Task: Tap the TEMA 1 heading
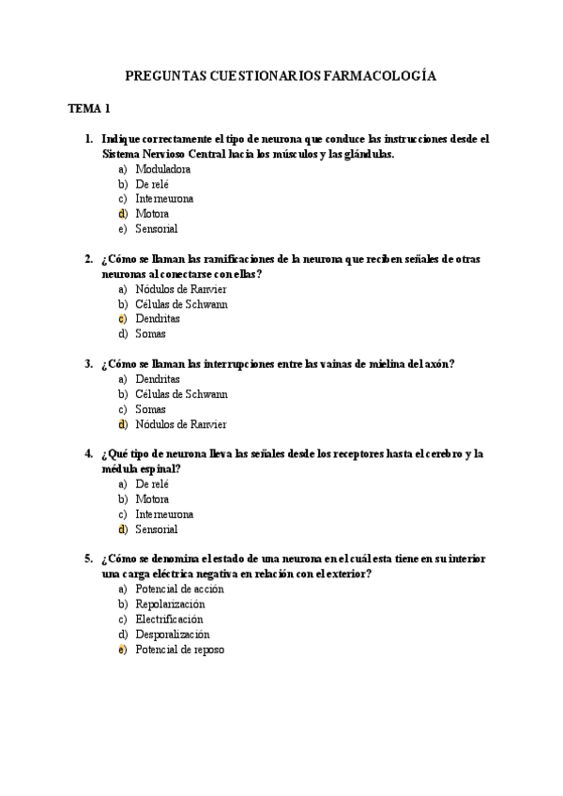pos(89,109)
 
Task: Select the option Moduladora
pos(163,169)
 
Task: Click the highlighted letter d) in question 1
pos(123,214)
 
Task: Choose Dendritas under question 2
pos(158,319)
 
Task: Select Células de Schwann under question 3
pos(181,394)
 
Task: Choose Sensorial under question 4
pos(156,529)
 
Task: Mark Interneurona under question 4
pos(164,514)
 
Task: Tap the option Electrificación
pos(169,620)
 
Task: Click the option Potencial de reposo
pos(180,650)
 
